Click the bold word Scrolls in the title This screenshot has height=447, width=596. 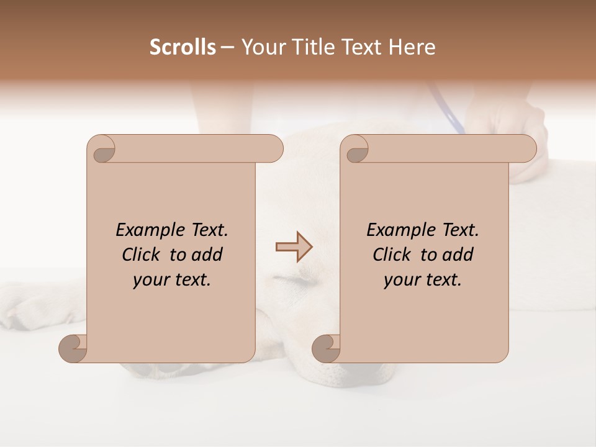coord(183,47)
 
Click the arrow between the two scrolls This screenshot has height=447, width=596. coord(294,247)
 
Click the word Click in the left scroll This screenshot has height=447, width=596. coord(141,255)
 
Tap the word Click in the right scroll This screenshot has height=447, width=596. coord(392,255)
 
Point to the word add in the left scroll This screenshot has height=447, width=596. coord(207,255)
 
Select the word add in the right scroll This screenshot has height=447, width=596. coord(458,255)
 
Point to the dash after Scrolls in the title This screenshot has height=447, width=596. coord(227,48)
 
